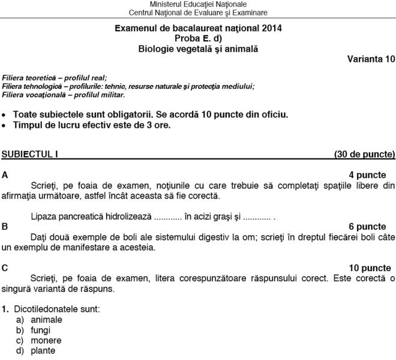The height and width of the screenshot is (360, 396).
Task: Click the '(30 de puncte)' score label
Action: click(x=364, y=154)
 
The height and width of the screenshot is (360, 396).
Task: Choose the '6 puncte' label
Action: click(x=367, y=226)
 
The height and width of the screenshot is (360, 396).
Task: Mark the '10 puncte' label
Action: click(x=366, y=268)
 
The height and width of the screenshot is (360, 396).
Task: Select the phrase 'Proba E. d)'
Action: click(x=198, y=38)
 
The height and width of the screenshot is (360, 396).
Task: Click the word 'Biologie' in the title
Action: click(x=155, y=49)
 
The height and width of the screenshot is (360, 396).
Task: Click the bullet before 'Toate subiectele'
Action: click(x=5, y=114)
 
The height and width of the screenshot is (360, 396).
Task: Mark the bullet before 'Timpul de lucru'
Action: click(x=5, y=125)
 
